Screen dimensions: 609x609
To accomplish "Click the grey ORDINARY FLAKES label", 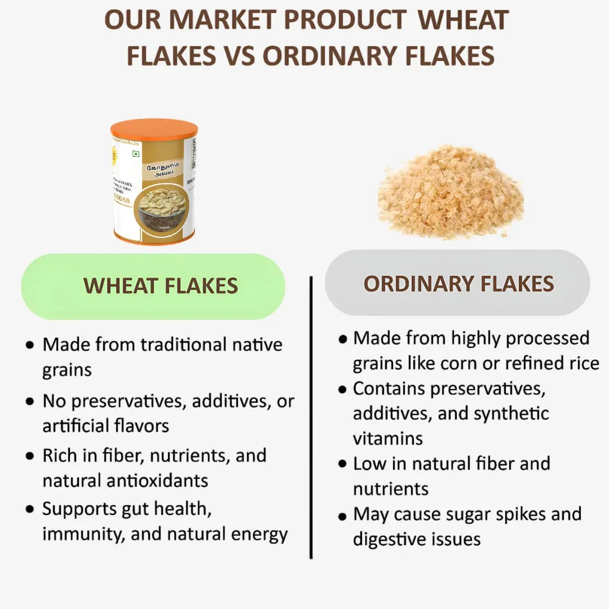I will point(458,283).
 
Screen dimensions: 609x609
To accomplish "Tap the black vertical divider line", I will point(311,417).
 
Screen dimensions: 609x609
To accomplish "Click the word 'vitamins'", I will point(388,438).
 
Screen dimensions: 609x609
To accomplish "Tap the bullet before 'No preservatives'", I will point(30,402).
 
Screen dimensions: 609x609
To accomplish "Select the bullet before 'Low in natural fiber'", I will point(342,464).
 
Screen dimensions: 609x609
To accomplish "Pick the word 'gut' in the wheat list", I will point(136,509).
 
